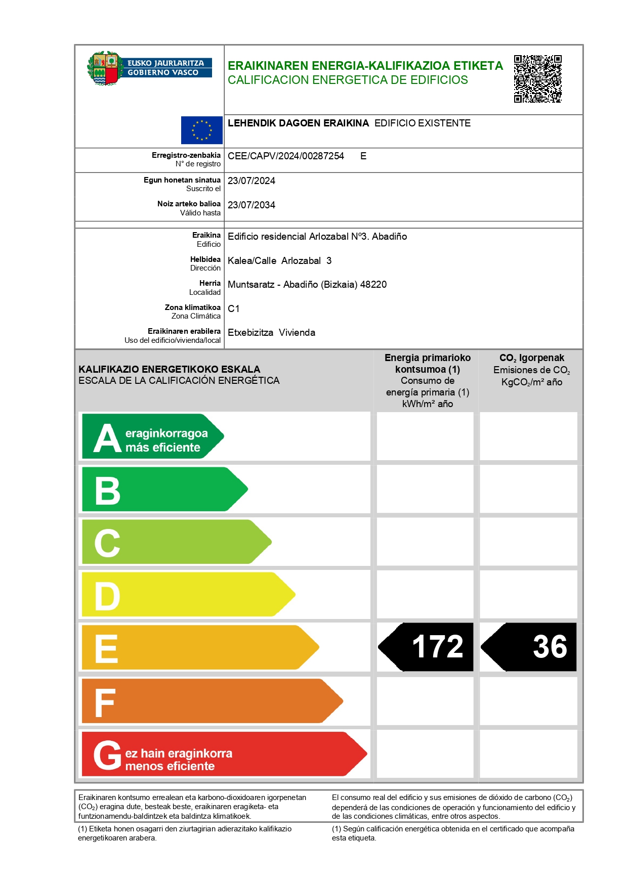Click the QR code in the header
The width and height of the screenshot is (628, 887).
click(x=537, y=79)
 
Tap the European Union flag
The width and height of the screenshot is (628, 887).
click(x=201, y=130)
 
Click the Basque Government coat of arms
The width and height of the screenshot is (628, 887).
click(x=104, y=68)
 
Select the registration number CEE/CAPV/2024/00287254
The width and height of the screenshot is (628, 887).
click(x=285, y=156)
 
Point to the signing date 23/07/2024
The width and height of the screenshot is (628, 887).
click(x=251, y=181)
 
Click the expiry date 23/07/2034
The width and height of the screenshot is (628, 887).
click(x=251, y=205)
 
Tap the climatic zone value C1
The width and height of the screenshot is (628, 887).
click(x=233, y=309)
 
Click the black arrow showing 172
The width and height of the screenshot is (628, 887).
click(x=426, y=647)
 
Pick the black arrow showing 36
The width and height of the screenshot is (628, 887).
click(x=529, y=647)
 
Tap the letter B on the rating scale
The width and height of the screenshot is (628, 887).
click(x=107, y=491)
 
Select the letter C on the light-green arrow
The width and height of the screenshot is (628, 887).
click(x=107, y=543)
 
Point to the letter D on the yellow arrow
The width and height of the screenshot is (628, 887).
click(x=107, y=596)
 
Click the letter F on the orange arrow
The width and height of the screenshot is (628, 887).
click(x=105, y=702)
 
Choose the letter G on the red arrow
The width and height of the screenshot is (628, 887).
click(x=107, y=755)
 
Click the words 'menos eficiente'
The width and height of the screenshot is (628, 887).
click(x=170, y=767)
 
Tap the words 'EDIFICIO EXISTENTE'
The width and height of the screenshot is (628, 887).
click(x=422, y=123)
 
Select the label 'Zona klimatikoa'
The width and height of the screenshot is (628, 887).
click(x=192, y=307)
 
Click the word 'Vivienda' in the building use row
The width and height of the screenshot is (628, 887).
click(x=297, y=333)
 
